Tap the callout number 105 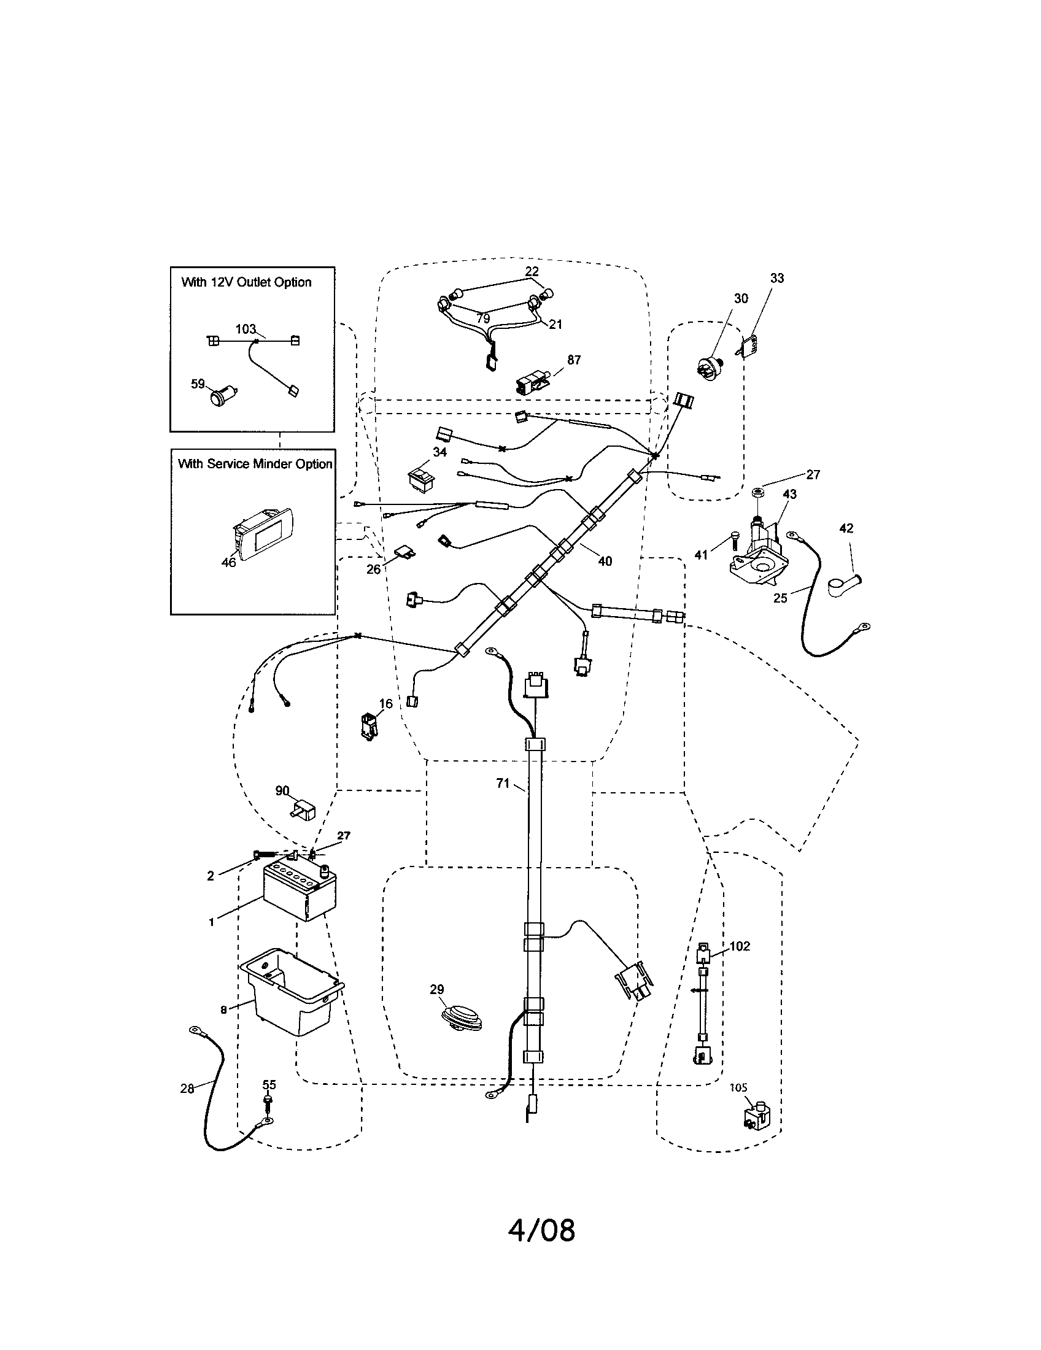point(738,1087)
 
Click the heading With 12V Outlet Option point(246,282)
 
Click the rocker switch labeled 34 point(424,479)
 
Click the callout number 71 point(503,783)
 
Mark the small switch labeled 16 point(369,725)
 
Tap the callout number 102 point(740,946)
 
